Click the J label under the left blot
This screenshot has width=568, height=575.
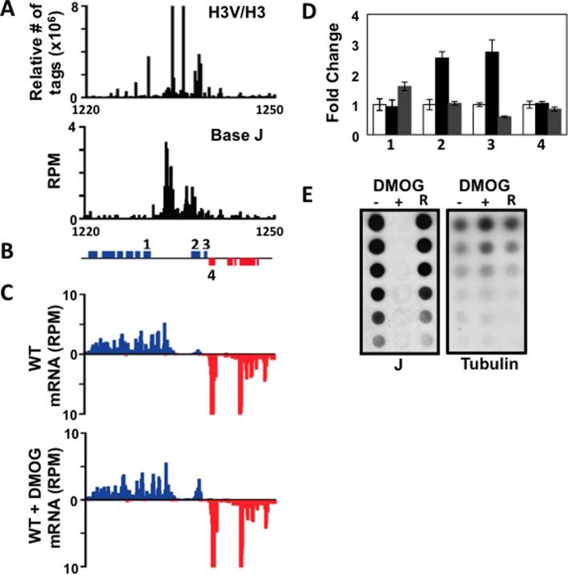401,367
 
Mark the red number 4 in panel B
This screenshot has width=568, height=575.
211,277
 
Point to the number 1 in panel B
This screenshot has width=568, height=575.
146,243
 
